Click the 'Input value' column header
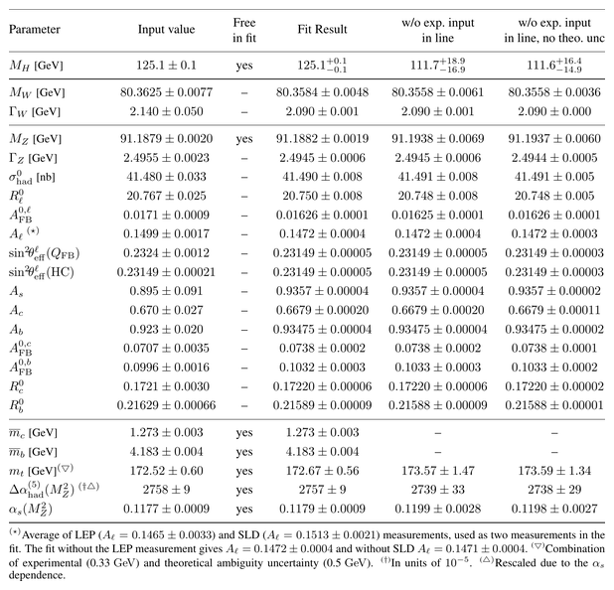tap(166, 30)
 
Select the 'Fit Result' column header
tap(322, 30)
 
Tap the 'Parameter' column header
tap(35, 30)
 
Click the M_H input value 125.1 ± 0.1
tap(166, 65)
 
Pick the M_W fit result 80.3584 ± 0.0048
tap(322, 92)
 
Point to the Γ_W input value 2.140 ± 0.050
tap(166, 111)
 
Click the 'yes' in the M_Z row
tap(244, 139)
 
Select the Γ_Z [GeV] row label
tap(33, 158)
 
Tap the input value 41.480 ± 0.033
tap(166, 177)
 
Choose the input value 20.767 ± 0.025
tap(166, 196)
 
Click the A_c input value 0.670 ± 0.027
tap(166, 310)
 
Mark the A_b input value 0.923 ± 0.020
tap(166, 329)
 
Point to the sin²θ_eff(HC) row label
tap(42, 272)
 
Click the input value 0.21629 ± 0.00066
tap(166, 405)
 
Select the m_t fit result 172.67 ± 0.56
tap(322, 471)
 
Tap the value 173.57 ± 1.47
tap(438, 471)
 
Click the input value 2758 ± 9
tap(166, 490)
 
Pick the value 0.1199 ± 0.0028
tap(438, 509)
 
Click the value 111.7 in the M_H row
tap(424, 65)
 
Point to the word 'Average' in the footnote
tap(39, 535)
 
